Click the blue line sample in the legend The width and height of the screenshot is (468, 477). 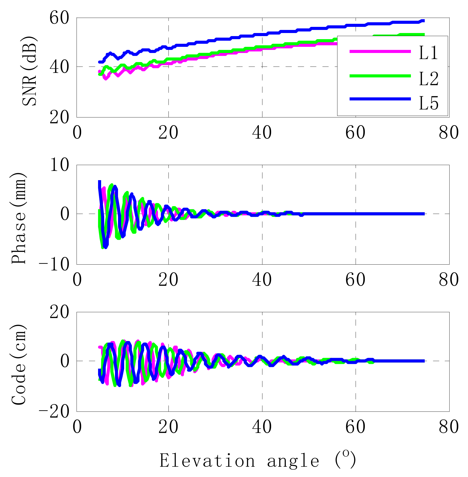point(380,99)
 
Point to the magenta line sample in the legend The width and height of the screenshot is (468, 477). point(380,51)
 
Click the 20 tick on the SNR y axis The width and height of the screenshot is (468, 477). point(59,118)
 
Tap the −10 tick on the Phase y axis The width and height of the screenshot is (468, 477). point(54,265)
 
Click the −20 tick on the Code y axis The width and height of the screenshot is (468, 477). point(54,412)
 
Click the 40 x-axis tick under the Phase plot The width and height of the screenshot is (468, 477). point(262,280)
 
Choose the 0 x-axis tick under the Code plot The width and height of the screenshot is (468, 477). point(77,427)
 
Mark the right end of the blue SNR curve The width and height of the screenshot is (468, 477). point(424,21)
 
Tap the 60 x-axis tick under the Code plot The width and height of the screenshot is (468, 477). point(355,427)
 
